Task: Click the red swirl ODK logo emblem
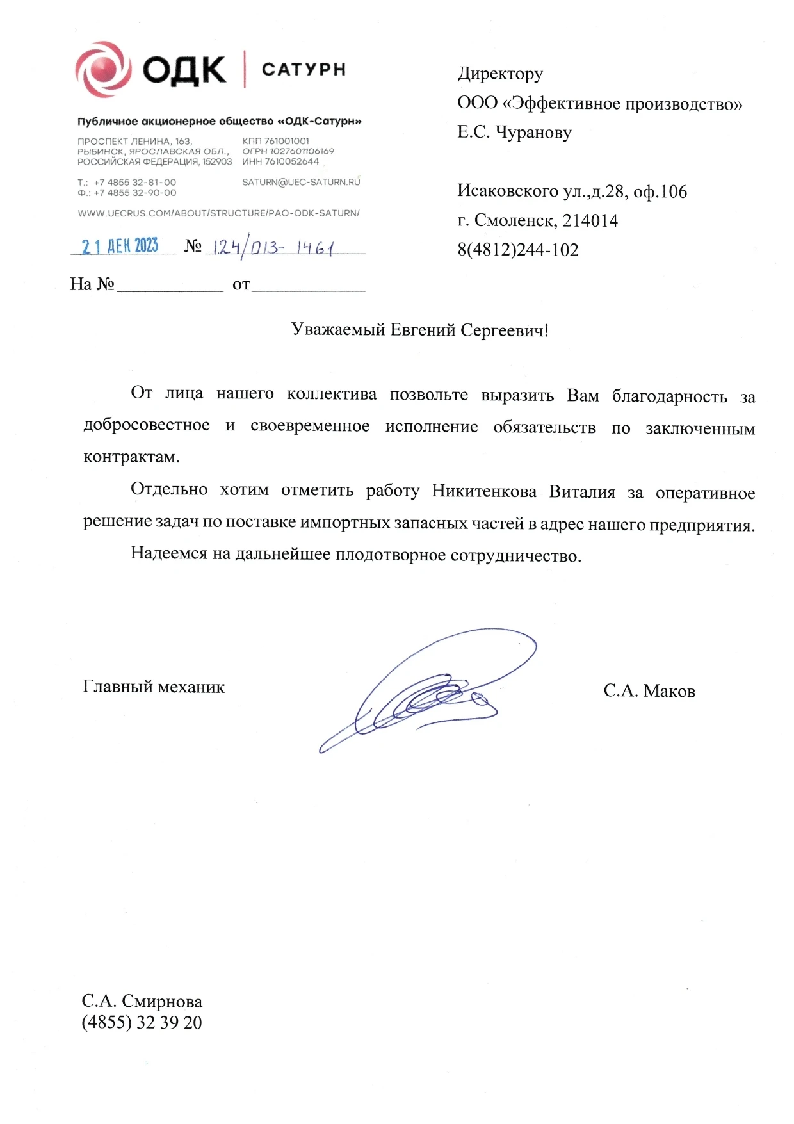tap(102, 69)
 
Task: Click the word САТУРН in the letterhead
tap(304, 69)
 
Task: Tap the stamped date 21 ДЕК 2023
tap(120, 246)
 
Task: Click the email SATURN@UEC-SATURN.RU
tap(301, 183)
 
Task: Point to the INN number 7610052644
tap(291, 161)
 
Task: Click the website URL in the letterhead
tap(218, 213)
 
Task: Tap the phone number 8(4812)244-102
tap(517, 250)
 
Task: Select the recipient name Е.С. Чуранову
tap(514, 133)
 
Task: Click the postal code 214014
tap(590, 221)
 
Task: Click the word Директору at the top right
tap(499, 74)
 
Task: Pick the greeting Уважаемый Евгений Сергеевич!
tap(420, 330)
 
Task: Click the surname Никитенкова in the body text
tap(484, 492)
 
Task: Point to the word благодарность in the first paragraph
tap(669, 397)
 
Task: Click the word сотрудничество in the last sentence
tap(515, 555)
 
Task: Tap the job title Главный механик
tap(154, 687)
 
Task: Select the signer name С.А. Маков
tap(649, 691)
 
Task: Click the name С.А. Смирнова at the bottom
tap(142, 1001)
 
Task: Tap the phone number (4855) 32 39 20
tap(142, 1023)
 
